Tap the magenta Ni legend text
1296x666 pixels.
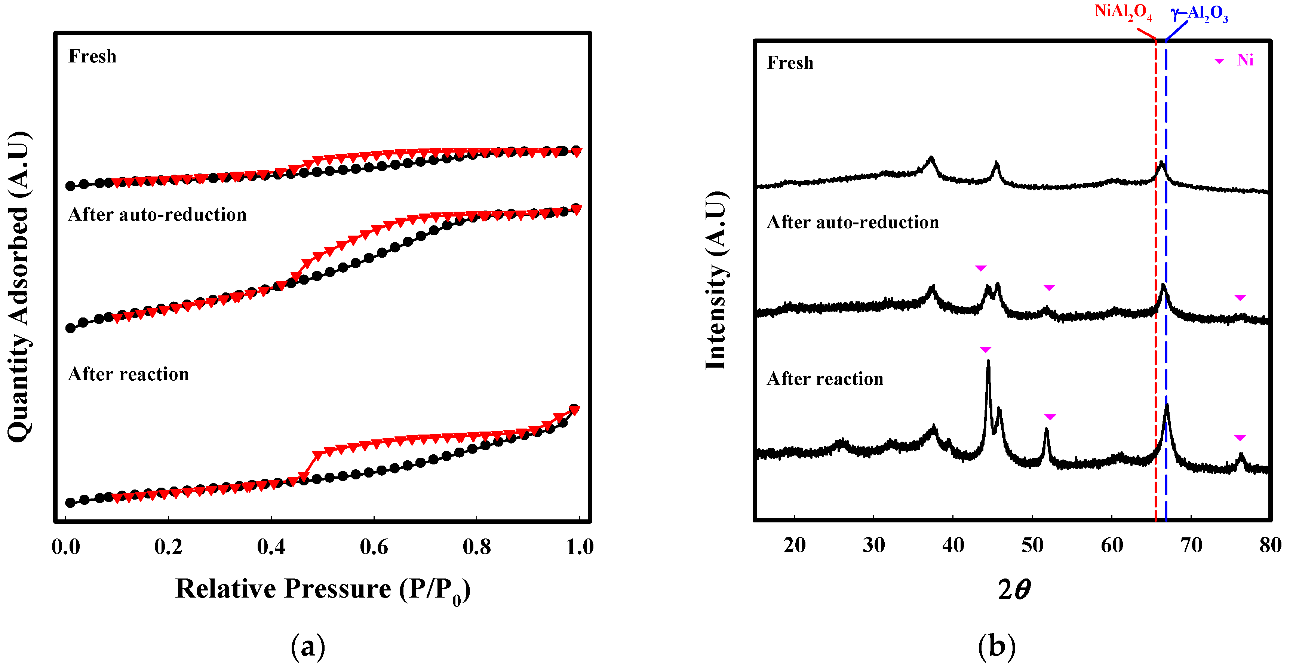click(x=1245, y=60)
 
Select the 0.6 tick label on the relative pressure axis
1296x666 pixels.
click(x=374, y=547)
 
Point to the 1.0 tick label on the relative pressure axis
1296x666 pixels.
click(x=580, y=547)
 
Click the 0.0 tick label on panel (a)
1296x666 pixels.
click(x=66, y=547)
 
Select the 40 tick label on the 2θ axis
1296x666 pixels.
click(x=953, y=545)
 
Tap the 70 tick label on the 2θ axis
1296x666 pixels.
click(x=1191, y=545)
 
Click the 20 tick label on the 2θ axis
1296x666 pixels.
click(x=795, y=545)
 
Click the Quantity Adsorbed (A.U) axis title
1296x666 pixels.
click(x=19, y=287)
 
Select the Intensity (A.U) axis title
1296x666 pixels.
click(x=716, y=281)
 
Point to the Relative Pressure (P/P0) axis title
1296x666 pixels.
click(x=322, y=590)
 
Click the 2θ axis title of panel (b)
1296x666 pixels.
click(x=1014, y=590)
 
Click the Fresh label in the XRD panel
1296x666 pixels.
click(x=790, y=63)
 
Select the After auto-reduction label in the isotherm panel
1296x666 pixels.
click(x=157, y=215)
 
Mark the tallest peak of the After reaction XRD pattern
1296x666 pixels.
click(x=988, y=362)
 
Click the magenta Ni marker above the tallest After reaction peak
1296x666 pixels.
click(x=985, y=350)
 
